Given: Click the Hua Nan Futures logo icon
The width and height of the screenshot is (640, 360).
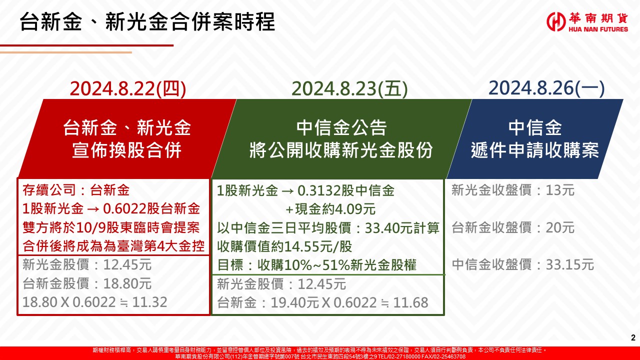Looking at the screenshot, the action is [556, 21].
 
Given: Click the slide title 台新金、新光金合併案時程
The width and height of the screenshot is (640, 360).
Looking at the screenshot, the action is [147, 21].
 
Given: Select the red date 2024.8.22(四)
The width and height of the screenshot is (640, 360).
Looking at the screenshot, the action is [128, 88].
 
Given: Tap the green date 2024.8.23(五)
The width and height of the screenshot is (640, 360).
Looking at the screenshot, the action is [349, 88].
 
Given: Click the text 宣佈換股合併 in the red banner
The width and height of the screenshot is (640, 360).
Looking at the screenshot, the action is [127, 150].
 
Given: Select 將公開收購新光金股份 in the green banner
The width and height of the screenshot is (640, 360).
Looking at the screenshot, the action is [341, 150].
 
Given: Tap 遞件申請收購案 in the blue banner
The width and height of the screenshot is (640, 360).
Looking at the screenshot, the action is [535, 150].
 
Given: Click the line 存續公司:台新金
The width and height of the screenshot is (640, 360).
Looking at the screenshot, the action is [76, 190].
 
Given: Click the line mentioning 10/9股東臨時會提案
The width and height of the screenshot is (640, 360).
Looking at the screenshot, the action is [111, 227].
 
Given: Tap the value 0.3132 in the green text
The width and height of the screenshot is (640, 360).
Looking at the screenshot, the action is [318, 190].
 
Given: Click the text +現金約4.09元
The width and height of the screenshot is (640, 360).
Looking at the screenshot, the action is [330, 209].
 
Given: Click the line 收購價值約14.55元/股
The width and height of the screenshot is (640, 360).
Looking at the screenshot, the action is [284, 246].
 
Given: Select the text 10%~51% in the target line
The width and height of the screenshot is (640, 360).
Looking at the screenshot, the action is [317, 265].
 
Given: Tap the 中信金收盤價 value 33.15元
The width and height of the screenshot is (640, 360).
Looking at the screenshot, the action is [570, 265].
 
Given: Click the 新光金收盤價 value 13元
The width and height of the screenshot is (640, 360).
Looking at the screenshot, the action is [560, 190].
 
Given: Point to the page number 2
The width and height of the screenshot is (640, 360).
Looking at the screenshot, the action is [633, 337].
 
